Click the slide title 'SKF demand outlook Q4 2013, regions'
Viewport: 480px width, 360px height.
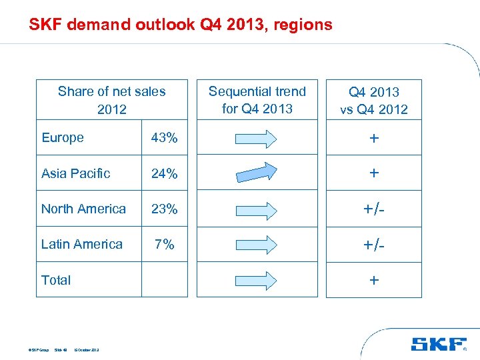click(180, 25)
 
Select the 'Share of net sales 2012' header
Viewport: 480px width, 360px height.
click(111, 100)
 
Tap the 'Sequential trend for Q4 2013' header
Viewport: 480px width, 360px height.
click(257, 100)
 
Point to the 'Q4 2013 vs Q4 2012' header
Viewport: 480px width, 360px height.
click(373, 101)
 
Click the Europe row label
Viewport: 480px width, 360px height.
click(63, 138)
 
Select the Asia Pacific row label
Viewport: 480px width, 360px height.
click(75, 173)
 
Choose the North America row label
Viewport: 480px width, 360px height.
click(83, 209)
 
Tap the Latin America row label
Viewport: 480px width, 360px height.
click(81, 244)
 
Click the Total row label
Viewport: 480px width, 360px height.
click(56, 280)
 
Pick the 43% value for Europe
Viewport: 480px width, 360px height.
click(164, 138)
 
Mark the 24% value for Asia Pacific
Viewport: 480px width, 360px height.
click(164, 173)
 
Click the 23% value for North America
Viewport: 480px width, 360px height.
click(164, 209)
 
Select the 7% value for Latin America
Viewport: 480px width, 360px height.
click(164, 244)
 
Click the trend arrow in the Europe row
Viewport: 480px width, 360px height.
click(257, 138)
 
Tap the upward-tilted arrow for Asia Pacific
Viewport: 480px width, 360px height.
click(257, 173)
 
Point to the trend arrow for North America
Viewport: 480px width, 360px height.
click(257, 209)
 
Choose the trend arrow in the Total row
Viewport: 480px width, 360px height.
click(257, 279)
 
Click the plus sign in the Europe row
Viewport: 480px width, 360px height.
click(374, 138)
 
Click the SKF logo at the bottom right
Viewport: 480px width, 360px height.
click(438, 345)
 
